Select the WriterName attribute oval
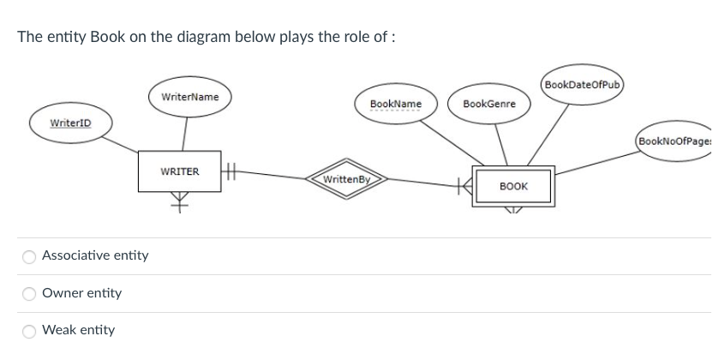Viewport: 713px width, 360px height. click(x=189, y=97)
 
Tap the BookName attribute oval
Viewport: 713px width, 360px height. click(x=395, y=105)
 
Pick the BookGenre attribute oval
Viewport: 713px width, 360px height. click(x=488, y=105)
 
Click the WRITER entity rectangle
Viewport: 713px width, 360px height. click(x=180, y=171)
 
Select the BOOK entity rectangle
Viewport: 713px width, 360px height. click(x=512, y=186)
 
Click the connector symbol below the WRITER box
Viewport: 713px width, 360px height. click(x=180, y=202)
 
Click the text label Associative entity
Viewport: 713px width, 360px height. click(x=95, y=255)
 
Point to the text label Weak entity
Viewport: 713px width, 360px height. click(x=78, y=330)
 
